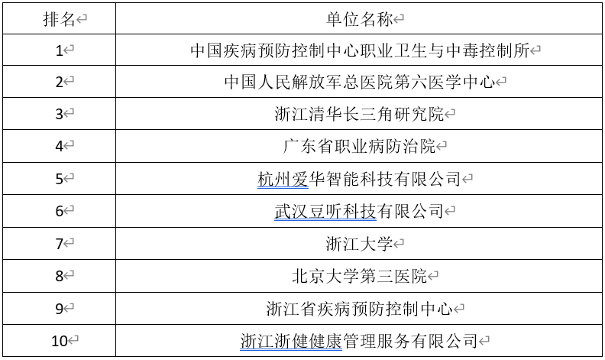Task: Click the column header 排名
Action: point(60,19)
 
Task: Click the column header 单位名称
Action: point(359,19)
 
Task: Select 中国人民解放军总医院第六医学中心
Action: point(360,83)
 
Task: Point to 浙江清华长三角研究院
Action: point(359,115)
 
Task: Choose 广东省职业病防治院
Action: point(359,147)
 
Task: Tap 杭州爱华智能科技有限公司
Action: point(360,180)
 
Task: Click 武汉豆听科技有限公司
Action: point(359,212)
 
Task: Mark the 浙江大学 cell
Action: point(359,244)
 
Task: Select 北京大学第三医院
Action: point(359,277)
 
